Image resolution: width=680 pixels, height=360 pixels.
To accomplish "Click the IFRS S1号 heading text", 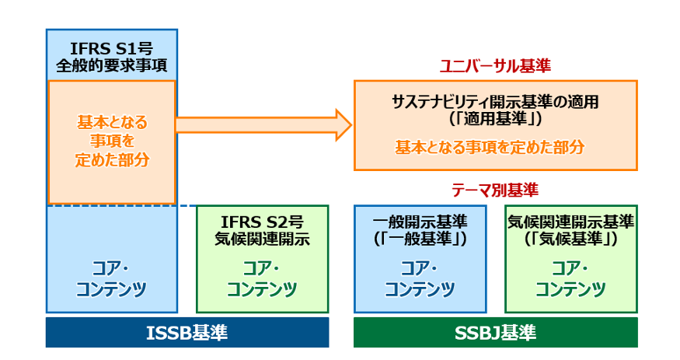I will (112, 47).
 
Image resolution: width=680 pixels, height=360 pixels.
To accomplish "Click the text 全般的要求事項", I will (112, 65).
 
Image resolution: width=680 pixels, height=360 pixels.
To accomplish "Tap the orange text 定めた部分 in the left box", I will (112, 159).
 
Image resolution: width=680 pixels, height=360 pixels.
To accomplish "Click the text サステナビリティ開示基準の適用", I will (495, 102).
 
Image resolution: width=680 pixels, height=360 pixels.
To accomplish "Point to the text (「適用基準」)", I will (495, 120).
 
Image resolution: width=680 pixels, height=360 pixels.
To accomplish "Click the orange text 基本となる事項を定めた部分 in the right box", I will (495, 146).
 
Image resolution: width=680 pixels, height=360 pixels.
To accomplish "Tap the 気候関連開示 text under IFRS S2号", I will (262, 239).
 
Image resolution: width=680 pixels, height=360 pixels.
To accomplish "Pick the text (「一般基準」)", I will (420, 239).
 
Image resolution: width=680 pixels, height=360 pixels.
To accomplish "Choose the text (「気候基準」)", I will (571, 239).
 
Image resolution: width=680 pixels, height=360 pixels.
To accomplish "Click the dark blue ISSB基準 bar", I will (187, 333).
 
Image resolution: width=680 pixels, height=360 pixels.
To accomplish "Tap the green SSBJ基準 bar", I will (495, 333).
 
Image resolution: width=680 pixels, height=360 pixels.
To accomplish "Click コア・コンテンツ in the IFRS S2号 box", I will (262, 279).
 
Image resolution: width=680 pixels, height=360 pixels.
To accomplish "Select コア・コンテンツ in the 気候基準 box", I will (571, 279).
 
